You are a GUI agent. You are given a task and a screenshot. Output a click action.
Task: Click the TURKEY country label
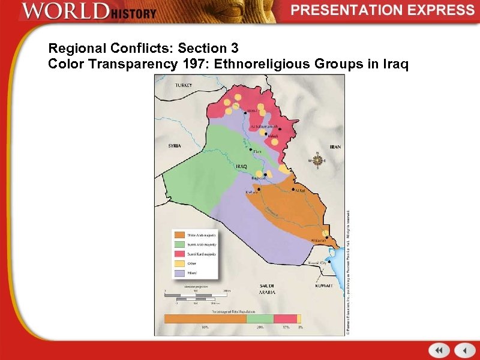pyautogui.click(x=183, y=86)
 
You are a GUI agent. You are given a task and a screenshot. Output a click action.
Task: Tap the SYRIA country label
pyautogui.click(x=174, y=146)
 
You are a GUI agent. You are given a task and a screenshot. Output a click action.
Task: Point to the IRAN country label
pyautogui.click(x=335, y=147)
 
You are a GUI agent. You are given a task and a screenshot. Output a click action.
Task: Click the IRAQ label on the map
pyautogui.click(x=241, y=166)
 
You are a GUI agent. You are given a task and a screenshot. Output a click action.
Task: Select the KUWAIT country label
pyautogui.click(x=324, y=286)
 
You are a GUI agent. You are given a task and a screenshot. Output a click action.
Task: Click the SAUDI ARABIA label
pyautogui.click(x=267, y=289)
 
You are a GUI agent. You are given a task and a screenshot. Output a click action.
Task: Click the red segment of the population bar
pyautogui.click(x=285, y=319)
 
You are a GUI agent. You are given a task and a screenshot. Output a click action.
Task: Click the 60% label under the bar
pyautogui.click(x=205, y=327)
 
